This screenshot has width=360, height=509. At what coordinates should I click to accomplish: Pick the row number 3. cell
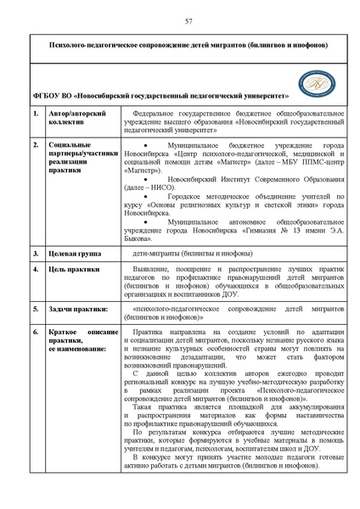(36, 254)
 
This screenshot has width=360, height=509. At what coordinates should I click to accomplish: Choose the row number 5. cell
(36, 309)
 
